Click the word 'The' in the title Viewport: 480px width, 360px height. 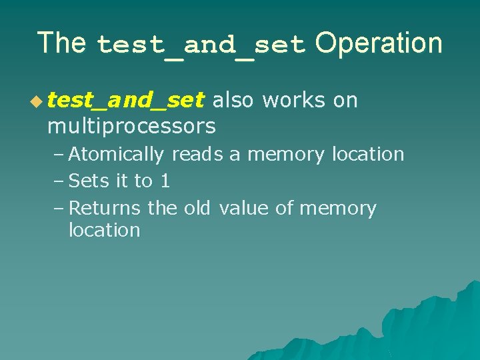61,43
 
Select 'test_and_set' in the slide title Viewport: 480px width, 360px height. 201,45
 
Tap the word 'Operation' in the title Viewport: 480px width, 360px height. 379,43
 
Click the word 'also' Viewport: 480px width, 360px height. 233,101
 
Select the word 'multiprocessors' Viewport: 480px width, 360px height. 131,125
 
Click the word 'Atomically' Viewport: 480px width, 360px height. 116,154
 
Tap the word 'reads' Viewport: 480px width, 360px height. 198,154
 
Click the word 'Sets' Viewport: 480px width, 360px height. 89,181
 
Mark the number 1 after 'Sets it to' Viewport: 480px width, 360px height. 165,181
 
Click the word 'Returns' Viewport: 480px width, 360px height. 105,208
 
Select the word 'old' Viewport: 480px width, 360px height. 197,208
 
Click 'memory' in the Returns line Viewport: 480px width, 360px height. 338,209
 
